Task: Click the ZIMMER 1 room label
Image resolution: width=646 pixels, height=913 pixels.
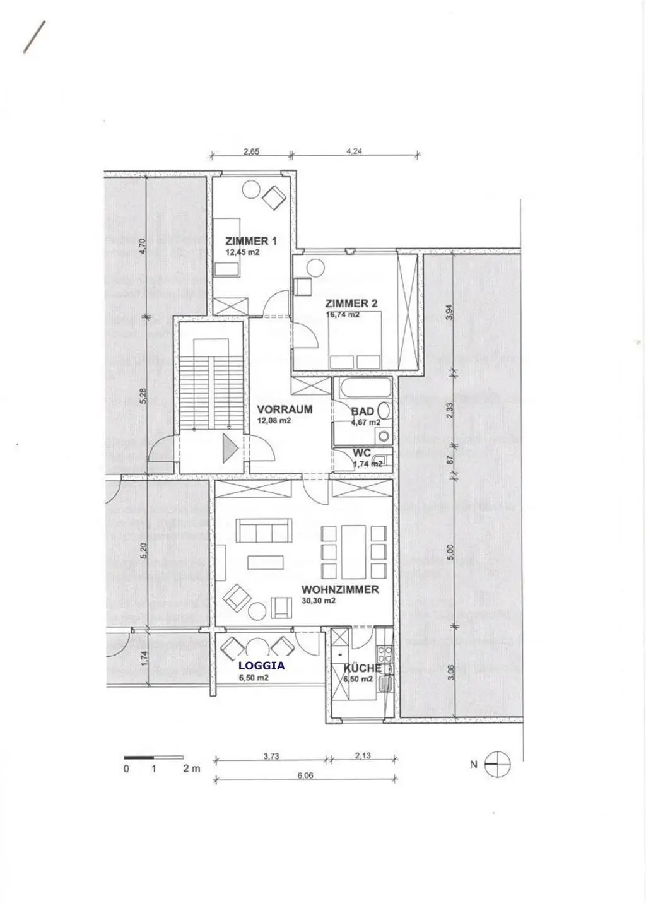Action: [250, 241]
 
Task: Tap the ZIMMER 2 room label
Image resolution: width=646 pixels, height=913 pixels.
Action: [351, 303]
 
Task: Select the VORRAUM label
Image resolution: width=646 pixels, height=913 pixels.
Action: [285, 409]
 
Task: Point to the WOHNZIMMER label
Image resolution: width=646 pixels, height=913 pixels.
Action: [340, 589]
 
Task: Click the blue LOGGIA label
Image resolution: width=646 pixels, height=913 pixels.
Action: [261, 666]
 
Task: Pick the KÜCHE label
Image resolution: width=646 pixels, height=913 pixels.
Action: [362, 668]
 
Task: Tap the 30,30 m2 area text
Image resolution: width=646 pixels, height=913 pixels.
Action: [319, 601]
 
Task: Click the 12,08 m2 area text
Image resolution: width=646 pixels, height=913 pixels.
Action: [274, 421]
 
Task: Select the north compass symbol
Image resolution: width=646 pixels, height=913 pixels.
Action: [497, 764]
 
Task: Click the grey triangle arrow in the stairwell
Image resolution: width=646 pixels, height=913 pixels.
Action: [230, 449]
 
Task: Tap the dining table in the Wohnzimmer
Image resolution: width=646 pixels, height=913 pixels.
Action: [353, 552]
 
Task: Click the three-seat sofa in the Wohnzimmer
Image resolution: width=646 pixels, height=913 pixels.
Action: [264, 530]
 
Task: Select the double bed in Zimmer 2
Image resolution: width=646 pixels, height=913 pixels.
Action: [355, 341]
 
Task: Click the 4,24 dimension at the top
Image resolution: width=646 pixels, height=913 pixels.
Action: [354, 151]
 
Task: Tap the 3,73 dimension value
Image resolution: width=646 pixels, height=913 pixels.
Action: [271, 756]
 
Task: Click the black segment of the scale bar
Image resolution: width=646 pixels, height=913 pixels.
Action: [139, 758]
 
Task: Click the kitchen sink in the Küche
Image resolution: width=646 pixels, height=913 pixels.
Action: [385, 684]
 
